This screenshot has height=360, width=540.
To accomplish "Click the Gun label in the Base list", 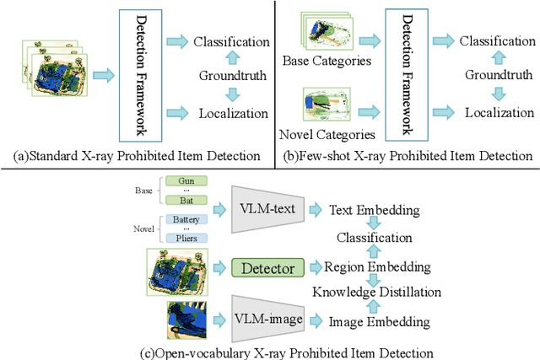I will (186, 180).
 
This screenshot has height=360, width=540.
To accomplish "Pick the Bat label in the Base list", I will (186, 201).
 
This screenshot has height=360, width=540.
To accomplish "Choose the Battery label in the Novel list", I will (186, 219).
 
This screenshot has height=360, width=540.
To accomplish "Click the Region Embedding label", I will (377, 267).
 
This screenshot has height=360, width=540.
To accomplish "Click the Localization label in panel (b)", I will (500, 111).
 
